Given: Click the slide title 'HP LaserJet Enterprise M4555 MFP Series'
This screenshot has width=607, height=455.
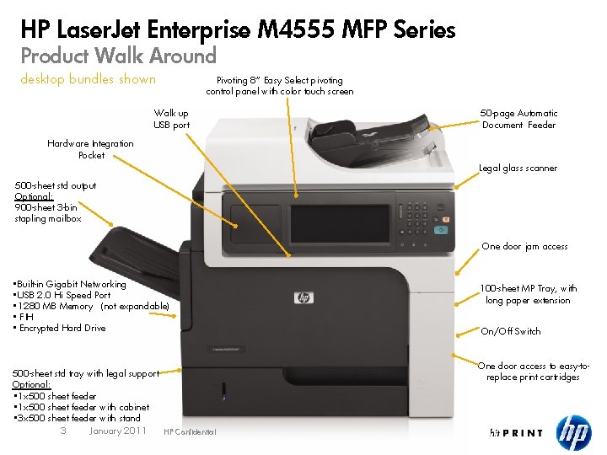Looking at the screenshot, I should click(238, 31).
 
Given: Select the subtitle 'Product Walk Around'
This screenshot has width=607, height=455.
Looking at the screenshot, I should click(119, 56).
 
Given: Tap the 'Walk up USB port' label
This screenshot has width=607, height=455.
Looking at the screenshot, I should click(171, 119).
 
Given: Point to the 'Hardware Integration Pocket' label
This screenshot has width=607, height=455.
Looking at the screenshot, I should click(91, 149).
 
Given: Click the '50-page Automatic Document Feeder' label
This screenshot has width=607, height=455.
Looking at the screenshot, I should click(518, 119).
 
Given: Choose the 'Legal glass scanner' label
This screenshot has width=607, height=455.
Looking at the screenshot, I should click(518, 168).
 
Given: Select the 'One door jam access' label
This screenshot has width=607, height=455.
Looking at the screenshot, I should click(524, 246).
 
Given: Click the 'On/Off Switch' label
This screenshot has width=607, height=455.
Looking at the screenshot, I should click(510, 331).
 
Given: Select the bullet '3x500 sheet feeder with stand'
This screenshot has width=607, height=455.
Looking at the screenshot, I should click(77, 418).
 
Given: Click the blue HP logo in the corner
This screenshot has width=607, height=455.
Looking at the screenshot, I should click(573, 433).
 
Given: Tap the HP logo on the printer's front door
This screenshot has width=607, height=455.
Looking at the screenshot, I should click(303, 297).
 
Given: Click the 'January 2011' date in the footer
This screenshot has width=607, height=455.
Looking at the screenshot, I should click(117, 431).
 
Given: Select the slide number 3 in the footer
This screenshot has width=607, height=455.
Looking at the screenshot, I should click(63, 431).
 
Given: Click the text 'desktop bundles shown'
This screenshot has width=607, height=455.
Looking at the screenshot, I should click(89, 79).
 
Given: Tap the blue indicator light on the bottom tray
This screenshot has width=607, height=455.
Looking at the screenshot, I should click(223, 389).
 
